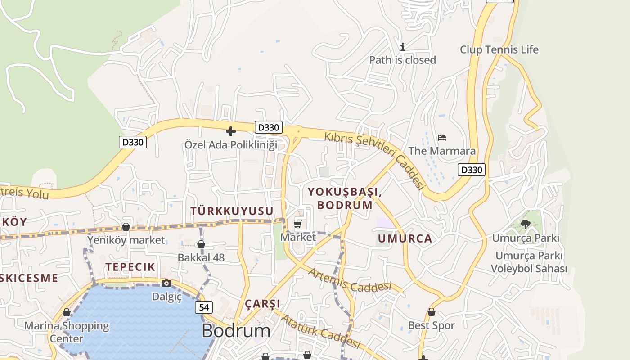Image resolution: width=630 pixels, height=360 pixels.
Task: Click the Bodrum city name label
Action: click(x=236, y=331)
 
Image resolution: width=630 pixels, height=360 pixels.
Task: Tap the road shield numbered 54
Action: click(x=204, y=307)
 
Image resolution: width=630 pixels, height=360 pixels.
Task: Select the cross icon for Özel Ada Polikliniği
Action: click(x=231, y=131)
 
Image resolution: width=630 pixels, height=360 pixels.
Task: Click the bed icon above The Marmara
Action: click(x=442, y=138)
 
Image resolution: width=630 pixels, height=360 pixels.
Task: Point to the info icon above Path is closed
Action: click(x=403, y=47)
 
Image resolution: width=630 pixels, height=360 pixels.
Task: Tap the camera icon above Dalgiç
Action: click(x=166, y=283)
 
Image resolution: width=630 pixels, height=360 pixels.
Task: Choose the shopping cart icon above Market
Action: click(x=297, y=224)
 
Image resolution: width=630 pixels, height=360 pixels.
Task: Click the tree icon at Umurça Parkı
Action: click(x=525, y=224)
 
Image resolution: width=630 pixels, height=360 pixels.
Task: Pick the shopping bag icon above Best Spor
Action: click(x=432, y=312)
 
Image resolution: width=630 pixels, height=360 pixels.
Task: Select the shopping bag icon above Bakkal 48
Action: click(x=201, y=244)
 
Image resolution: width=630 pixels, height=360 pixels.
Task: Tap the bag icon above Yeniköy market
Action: click(x=126, y=227)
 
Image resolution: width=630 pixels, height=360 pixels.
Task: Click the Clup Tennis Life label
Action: click(x=499, y=49)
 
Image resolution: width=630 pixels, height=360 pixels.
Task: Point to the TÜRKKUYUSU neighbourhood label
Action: click(x=232, y=211)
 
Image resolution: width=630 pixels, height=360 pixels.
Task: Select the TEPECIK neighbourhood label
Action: click(x=130, y=267)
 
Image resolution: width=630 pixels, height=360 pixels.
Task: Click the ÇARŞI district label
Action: click(x=263, y=304)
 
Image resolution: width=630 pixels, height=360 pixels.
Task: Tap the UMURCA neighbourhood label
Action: click(x=405, y=238)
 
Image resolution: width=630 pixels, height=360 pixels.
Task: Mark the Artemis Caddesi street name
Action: click(x=350, y=280)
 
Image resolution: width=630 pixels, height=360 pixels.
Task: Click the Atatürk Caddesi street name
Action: click(x=321, y=332)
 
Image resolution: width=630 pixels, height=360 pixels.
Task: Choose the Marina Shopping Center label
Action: click(x=67, y=332)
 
